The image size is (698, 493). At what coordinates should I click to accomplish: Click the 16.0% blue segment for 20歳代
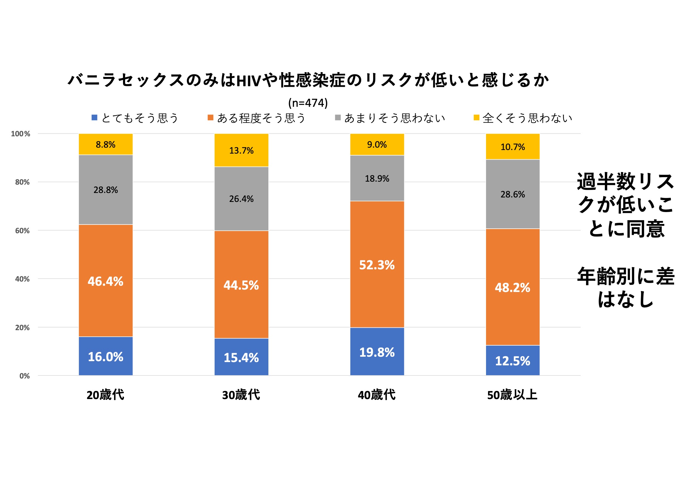105,356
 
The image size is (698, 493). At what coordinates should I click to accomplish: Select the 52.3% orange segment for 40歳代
377,264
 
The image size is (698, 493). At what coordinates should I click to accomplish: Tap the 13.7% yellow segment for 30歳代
242,150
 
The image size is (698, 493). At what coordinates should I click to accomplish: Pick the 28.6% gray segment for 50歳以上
513,194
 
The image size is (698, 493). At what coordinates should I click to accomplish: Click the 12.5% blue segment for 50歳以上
513,361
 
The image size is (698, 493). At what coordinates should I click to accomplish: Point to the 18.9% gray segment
377,178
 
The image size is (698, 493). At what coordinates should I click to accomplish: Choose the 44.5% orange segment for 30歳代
242,285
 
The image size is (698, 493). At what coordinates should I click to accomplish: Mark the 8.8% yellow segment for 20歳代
105,144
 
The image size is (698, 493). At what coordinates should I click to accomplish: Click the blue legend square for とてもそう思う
95,118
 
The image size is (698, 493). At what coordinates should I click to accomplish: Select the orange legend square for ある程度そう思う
210,118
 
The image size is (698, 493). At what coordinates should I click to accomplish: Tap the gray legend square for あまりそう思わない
338,118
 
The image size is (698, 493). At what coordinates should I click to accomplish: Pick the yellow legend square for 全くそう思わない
476,118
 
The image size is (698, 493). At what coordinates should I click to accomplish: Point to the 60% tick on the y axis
22,231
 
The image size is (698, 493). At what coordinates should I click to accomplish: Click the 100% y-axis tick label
21,134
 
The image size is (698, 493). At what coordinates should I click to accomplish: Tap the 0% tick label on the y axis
24,376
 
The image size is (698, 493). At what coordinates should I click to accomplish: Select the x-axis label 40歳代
377,395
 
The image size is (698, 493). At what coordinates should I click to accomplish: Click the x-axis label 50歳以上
513,395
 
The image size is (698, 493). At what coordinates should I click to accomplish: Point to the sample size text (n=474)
308,103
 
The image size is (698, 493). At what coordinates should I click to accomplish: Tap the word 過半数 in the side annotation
606,182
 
